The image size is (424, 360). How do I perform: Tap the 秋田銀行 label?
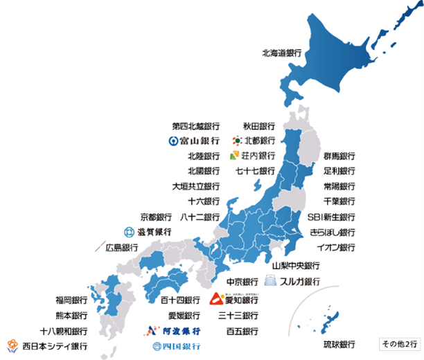(x=258, y=126)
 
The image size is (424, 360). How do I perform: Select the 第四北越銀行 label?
(x=196, y=126)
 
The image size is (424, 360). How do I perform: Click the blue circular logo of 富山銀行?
(x=173, y=141)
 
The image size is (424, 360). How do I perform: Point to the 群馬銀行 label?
(x=339, y=156)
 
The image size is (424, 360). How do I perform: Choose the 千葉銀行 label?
(x=339, y=201)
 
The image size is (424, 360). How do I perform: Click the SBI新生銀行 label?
(x=331, y=217)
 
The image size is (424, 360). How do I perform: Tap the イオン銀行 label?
(x=335, y=247)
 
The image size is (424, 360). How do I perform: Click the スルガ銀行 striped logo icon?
(x=270, y=281)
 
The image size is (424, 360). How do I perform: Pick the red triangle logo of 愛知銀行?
(x=216, y=300)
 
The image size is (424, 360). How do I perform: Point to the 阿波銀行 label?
(x=175, y=331)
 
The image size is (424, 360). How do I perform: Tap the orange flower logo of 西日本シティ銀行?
(x=12, y=345)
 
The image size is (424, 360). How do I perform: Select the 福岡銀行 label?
(x=71, y=300)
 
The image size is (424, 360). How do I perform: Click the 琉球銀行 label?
(x=339, y=344)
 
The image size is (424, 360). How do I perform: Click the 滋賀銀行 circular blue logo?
(x=128, y=232)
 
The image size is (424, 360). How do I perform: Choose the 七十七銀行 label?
(x=255, y=171)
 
